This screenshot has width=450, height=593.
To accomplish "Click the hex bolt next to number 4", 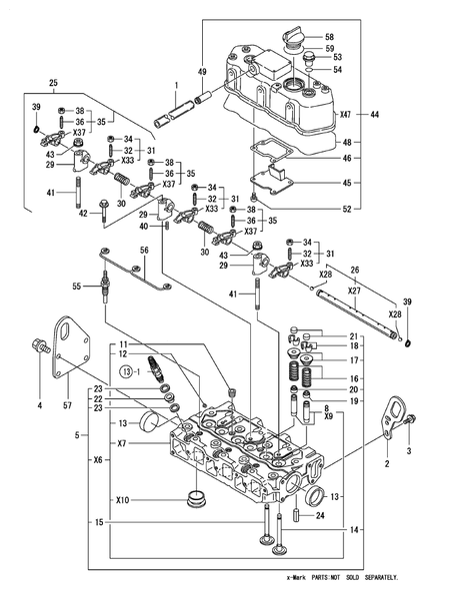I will pos(41,349).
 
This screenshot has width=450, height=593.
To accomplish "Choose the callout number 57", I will pos(68,405).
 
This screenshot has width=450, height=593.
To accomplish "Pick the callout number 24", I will pos(320,516).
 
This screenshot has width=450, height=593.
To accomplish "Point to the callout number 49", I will pos(202,73).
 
